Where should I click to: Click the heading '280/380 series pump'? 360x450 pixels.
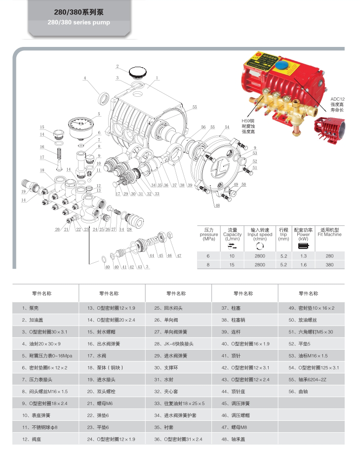pos(79,22)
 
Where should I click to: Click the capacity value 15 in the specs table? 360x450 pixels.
pos(232,265)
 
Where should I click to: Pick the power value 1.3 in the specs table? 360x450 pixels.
pos(303,256)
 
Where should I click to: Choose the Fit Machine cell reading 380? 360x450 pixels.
pos(330,265)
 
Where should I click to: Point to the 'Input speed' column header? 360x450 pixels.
pos(260,235)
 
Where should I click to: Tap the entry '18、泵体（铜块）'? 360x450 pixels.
pos(105,367)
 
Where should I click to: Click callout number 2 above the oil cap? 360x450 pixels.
pos(118,66)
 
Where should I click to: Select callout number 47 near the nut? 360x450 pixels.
pos(179,255)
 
